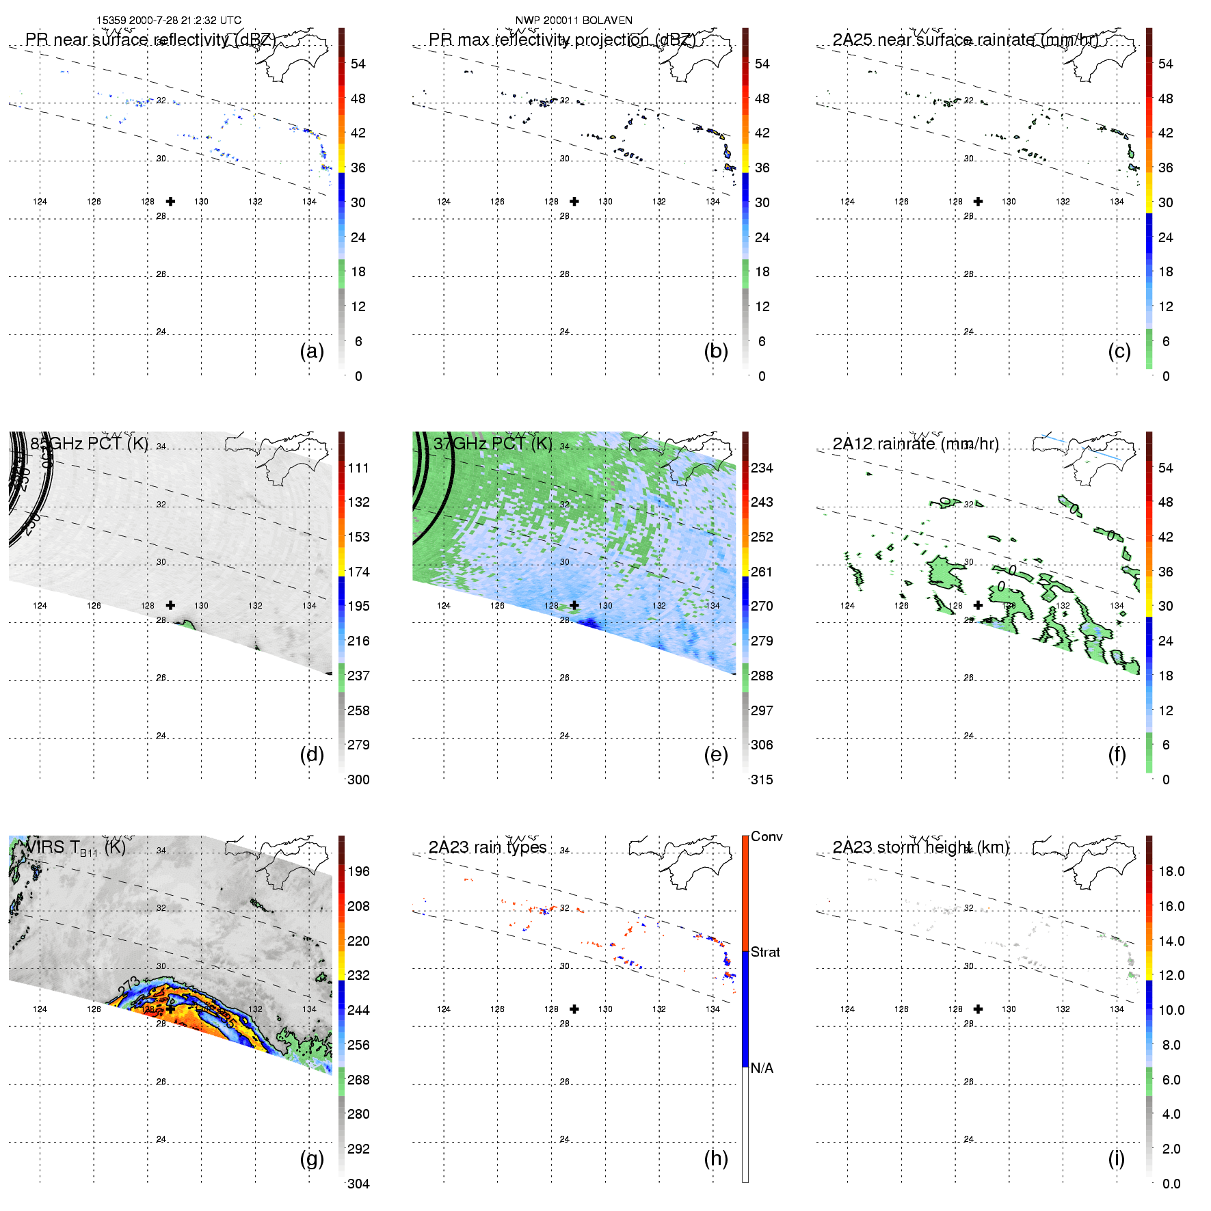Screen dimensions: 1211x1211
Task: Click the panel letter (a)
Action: coord(312,351)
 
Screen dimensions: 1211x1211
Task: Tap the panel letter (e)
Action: coord(715,754)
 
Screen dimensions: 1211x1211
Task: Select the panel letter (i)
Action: coord(1116,1158)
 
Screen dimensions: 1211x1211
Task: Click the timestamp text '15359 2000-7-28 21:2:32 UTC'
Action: coord(169,21)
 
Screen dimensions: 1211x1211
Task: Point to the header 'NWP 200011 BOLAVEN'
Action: coord(574,21)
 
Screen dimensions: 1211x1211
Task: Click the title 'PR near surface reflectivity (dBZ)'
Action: coord(150,40)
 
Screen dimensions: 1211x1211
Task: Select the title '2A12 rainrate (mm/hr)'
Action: coord(916,444)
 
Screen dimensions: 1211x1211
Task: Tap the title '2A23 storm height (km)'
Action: coord(921,847)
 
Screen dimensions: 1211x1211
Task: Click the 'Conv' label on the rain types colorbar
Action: coord(767,836)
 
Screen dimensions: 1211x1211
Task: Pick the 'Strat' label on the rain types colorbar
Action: coord(765,952)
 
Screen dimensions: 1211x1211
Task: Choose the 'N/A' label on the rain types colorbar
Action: coord(762,1068)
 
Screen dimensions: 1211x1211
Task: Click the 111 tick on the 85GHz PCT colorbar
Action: coord(358,468)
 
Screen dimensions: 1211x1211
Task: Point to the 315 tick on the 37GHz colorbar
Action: coord(762,780)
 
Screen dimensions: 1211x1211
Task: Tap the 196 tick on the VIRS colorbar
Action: coord(358,871)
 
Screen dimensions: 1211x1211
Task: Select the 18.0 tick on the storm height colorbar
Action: coord(1171,871)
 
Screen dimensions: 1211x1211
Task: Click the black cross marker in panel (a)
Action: coord(170,201)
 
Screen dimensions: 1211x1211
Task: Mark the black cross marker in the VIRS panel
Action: coord(170,1009)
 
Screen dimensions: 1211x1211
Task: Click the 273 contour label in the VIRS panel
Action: coord(129,986)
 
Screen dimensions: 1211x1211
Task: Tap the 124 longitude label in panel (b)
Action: coord(444,202)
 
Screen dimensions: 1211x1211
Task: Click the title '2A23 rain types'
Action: coord(488,847)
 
